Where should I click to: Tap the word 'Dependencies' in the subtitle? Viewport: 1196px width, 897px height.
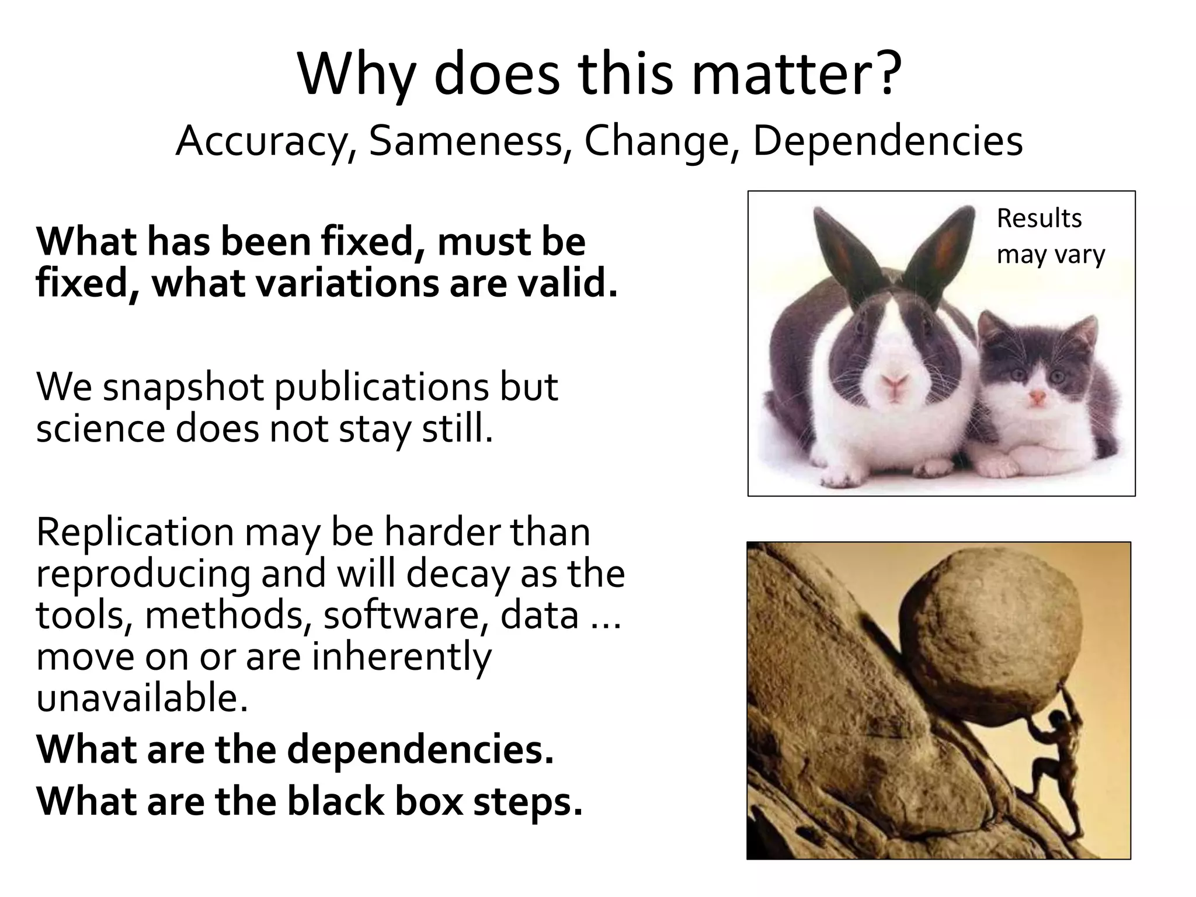coord(888,141)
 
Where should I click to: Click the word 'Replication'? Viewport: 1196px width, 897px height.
coord(135,533)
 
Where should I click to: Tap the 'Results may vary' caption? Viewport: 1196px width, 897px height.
coord(1050,236)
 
